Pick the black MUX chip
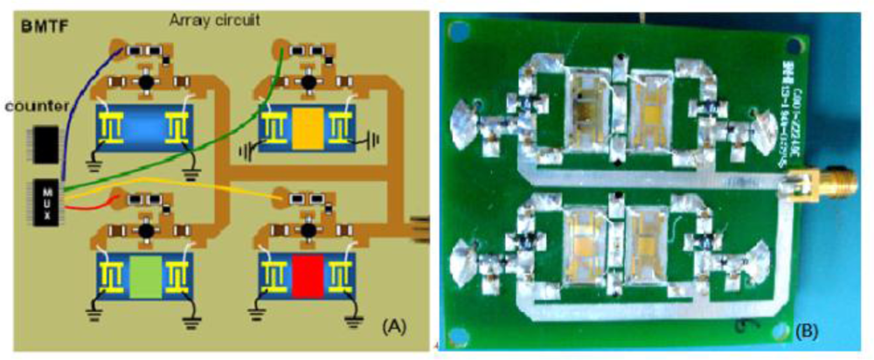click(47, 202)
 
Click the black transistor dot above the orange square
click(308, 84)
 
